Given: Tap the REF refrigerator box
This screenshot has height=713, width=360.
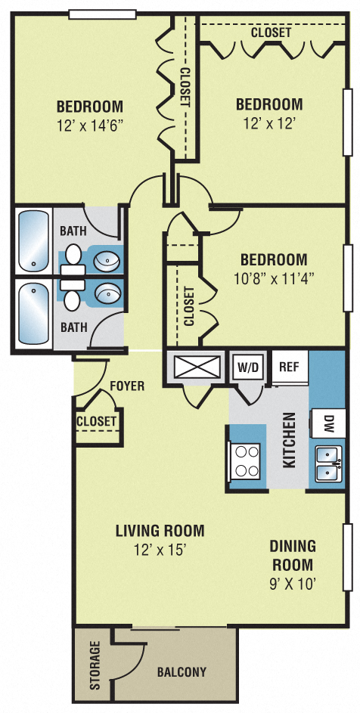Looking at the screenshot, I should pyautogui.click(x=288, y=367).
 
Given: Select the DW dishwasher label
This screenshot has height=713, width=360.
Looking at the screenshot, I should pyautogui.click(x=330, y=423).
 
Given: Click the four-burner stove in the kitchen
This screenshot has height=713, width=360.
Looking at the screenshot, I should pyautogui.click(x=247, y=461).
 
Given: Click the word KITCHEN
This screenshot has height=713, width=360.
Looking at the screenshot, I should pyautogui.click(x=289, y=439).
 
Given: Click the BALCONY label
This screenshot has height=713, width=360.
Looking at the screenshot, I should pyautogui.click(x=182, y=671).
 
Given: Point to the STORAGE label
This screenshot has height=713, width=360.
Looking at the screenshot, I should pyautogui.click(x=95, y=665).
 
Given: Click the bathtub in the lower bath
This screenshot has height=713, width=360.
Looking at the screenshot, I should pyautogui.click(x=33, y=312).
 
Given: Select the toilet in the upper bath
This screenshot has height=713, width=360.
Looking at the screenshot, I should pyautogui.click(x=73, y=256).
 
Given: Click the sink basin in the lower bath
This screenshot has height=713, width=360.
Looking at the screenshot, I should pyautogui.click(x=108, y=292).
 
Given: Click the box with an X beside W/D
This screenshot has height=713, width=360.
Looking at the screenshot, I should pyautogui.click(x=194, y=367).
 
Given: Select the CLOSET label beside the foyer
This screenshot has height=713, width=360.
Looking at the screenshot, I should pyautogui.click(x=97, y=420).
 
